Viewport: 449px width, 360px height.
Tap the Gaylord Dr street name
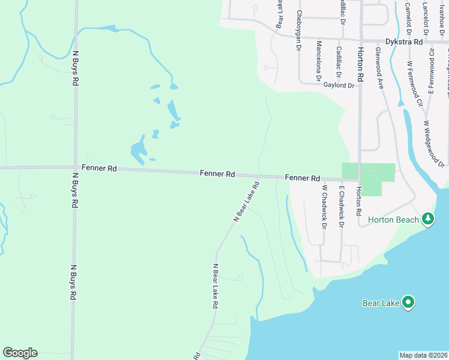click(x=339, y=85)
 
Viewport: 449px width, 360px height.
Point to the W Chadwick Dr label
click(x=324, y=207)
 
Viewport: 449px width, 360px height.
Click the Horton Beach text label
click(x=393, y=220)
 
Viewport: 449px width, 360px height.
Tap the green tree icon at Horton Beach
click(x=427, y=219)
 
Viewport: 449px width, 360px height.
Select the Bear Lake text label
click(x=381, y=302)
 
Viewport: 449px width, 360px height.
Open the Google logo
click(x=20, y=353)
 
